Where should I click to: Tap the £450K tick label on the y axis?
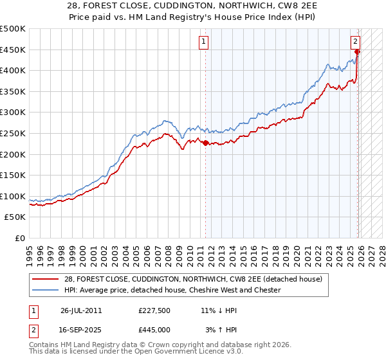13,50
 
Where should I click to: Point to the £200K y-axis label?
13,154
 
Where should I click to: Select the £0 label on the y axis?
19,238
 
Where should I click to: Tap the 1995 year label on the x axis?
30,251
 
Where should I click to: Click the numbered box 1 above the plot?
203,42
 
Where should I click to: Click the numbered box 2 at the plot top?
355,42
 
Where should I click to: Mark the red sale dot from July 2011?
206,143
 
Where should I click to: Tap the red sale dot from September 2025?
358,52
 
